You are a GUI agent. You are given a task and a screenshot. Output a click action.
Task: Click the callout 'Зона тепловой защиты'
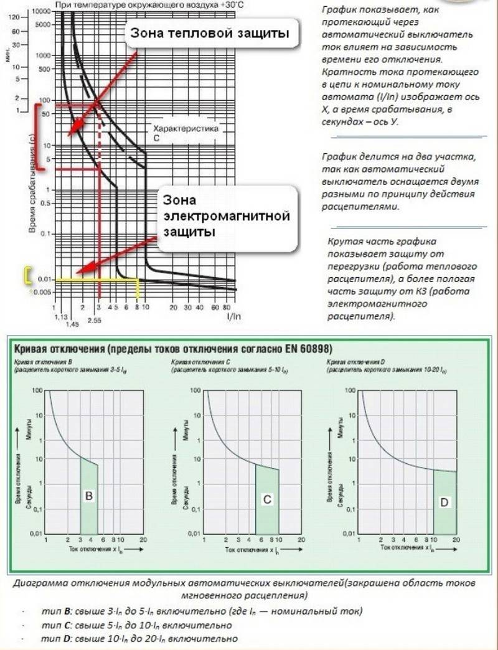coord(210,34)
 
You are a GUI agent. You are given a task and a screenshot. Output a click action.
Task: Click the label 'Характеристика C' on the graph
coord(188,134)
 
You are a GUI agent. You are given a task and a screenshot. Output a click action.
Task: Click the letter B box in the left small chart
coord(89,496)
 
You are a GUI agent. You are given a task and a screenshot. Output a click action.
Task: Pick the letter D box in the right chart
coord(444,502)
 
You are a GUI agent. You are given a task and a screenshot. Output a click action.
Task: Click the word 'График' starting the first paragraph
coord(341,12)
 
